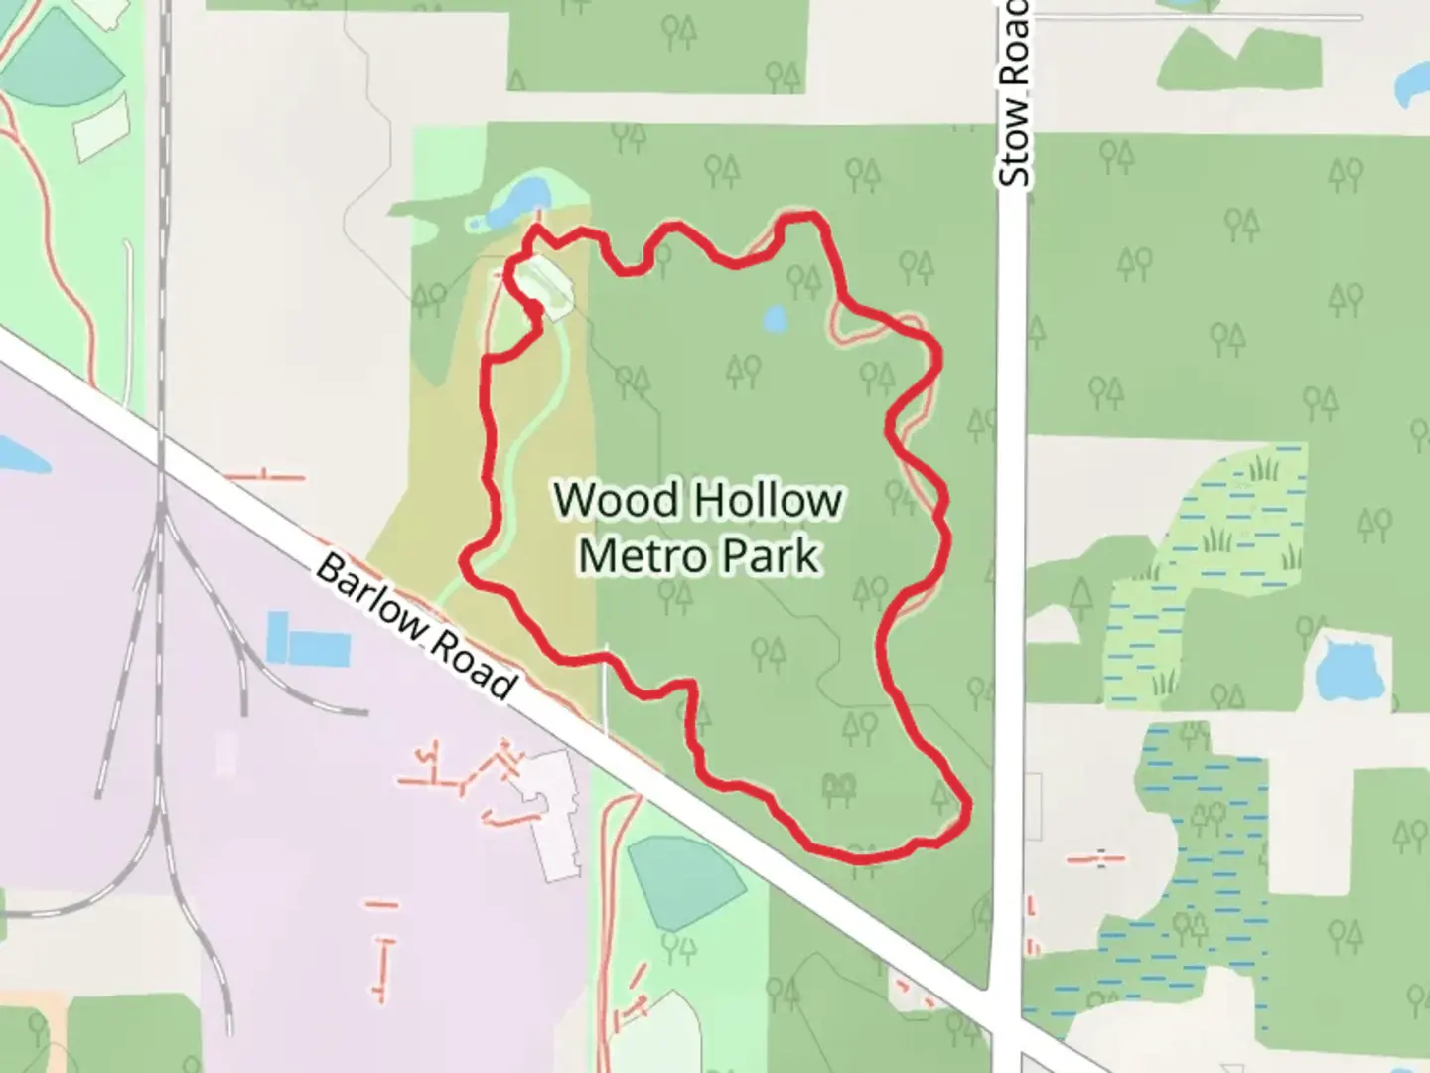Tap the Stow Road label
click(1014, 94)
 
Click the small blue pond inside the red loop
click(774, 319)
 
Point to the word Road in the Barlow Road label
click(471, 668)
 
